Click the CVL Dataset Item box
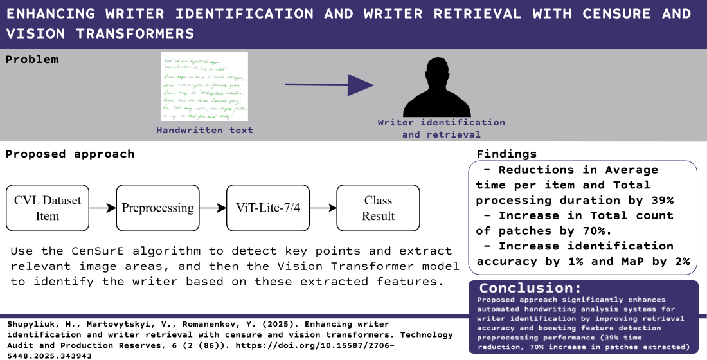tap(48, 208)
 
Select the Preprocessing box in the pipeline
tap(157, 208)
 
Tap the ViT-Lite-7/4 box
tap(268, 208)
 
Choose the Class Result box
tap(378, 208)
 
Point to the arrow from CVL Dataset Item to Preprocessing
tap(102, 208)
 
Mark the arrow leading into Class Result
tap(323, 208)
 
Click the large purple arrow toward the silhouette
tap(329, 84)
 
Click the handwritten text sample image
tap(204, 87)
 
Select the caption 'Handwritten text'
tap(204, 130)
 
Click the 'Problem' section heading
tap(32, 60)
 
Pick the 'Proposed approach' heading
tap(70, 154)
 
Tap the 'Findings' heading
tap(506, 154)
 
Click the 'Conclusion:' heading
tap(530, 289)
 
